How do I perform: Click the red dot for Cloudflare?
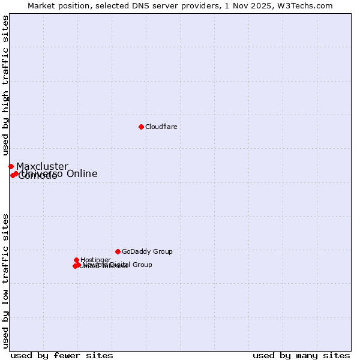tap(141, 127)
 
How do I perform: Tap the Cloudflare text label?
tap(161, 127)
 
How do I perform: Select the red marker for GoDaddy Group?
tap(118, 251)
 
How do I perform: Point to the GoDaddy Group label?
tap(147, 252)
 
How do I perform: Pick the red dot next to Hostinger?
tap(77, 260)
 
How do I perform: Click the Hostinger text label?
tap(95, 260)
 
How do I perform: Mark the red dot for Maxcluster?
tap(11, 166)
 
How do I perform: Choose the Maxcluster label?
tap(42, 167)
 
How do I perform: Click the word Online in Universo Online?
tap(82, 174)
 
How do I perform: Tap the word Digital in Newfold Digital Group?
tap(119, 265)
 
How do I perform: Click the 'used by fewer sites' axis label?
tap(62, 355)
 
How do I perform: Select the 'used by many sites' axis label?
tap(301, 355)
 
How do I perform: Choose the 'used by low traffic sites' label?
tap(6, 280)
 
